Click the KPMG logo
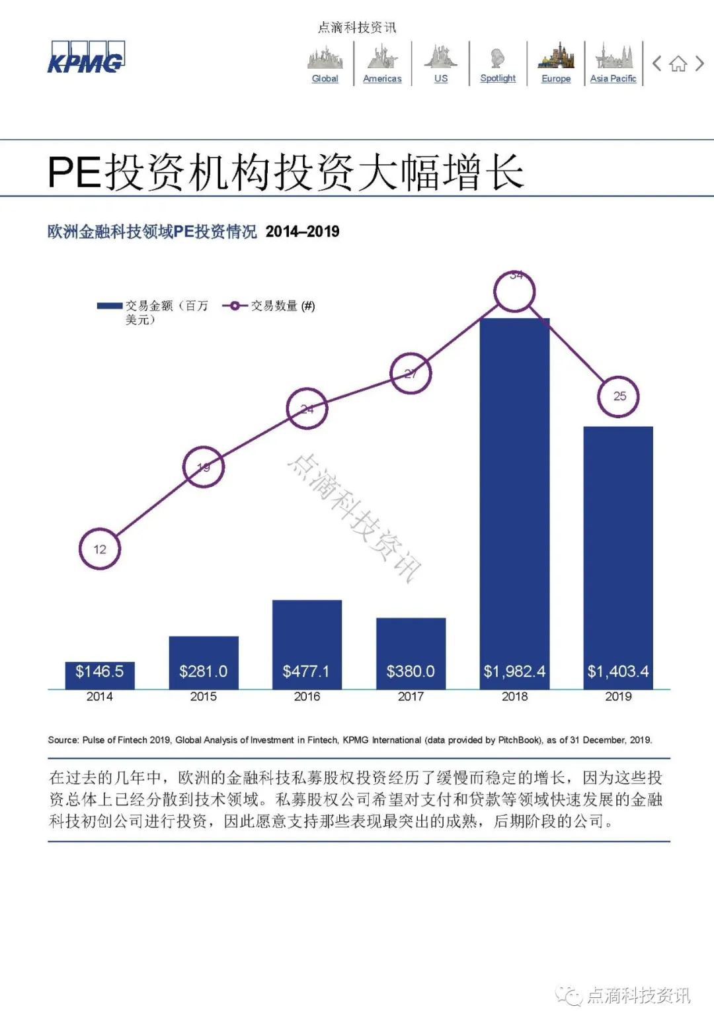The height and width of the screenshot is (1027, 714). pyautogui.click(x=85, y=58)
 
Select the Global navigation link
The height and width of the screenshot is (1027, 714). pyautogui.click(x=325, y=78)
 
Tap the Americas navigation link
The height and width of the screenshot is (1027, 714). pyautogui.click(x=382, y=78)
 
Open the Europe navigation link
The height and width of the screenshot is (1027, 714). pyautogui.click(x=556, y=78)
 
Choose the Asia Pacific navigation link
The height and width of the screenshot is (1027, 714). pyautogui.click(x=613, y=78)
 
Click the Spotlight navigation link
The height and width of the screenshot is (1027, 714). pyautogui.click(x=498, y=78)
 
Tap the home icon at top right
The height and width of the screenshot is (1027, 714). pyautogui.click(x=678, y=64)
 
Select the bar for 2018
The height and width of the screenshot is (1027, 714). pyautogui.click(x=514, y=503)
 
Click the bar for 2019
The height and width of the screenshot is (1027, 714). pyautogui.click(x=618, y=556)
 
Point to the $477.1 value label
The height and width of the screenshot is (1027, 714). pyautogui.click(x=306, y=671)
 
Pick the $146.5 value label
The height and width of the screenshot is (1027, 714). pyautogui.click(x=99, y=671)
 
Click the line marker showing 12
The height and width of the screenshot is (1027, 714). pyautogui.click(x=100, y=549)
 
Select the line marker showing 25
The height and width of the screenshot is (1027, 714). pyautogui.click(x=619, y=396)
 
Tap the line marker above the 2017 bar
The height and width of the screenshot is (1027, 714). pyautogui.click(x=411, y=374)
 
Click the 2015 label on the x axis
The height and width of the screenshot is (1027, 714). pyautogui.click(x=203, y=696)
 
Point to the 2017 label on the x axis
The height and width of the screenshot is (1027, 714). pyautogui.click(x=411, y=696)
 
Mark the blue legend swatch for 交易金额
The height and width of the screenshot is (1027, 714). pyautogui.click(x=110, y=306)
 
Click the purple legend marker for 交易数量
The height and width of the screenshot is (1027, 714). pyautogui.click(x=235, y=306)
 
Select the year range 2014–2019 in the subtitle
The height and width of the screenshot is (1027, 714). pyautogui.click(x=302, y=232)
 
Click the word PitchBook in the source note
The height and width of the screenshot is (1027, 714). pyautogui.click(x=518, y=740)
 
